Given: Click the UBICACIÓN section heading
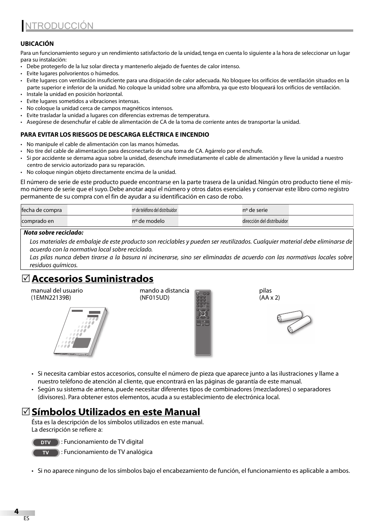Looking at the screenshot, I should [37, 43].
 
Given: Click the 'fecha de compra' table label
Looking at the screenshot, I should [42, 210].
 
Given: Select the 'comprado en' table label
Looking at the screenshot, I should [38, 221].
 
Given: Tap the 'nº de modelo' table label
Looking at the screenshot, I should [148, 221].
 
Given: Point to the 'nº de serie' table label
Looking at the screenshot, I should [255, 210].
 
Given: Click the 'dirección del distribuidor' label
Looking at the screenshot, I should [265, 221].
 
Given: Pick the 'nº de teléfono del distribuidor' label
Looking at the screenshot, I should [154, 210].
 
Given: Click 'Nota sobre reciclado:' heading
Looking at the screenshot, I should [54, 233].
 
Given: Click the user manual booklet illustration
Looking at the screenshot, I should [81, 332].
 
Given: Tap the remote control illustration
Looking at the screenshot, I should [203, 324].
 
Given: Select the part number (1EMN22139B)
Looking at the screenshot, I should [51, 297].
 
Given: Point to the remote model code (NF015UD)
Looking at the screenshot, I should [154, 297].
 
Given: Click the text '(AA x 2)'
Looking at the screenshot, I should [269, 297].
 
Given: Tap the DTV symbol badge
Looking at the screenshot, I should [45, 442].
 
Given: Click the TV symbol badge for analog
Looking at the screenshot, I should [45, 452].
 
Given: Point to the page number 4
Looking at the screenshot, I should [16, 511].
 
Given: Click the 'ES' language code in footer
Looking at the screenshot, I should [26, 518].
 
